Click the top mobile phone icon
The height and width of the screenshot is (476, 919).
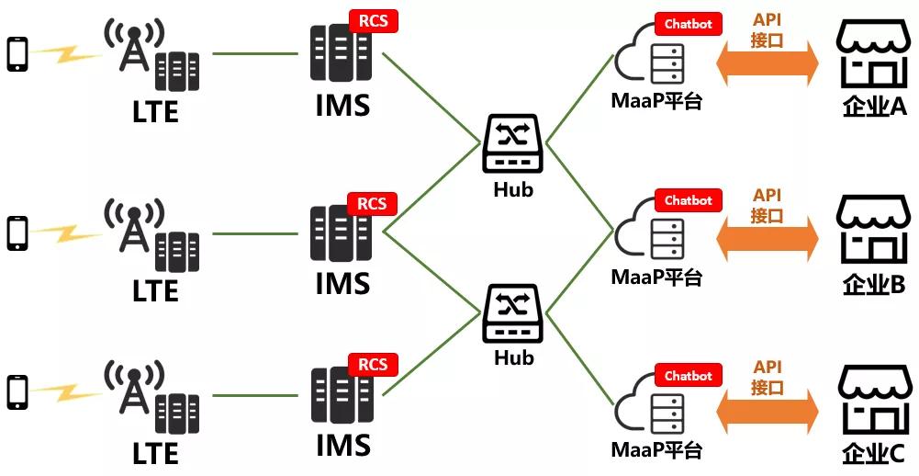17,54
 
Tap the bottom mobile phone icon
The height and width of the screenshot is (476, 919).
17,391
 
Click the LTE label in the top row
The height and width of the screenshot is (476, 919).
155,113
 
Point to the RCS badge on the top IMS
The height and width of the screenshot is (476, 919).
372,20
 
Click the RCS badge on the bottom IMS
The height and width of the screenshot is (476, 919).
372,365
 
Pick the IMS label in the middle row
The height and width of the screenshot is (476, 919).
342,283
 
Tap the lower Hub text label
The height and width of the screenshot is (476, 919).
513,357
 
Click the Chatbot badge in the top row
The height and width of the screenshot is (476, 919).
689,24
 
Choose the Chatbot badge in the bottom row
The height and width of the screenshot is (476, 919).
689,376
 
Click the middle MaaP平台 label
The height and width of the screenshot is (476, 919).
656,276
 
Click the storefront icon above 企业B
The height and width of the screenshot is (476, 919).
872,230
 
